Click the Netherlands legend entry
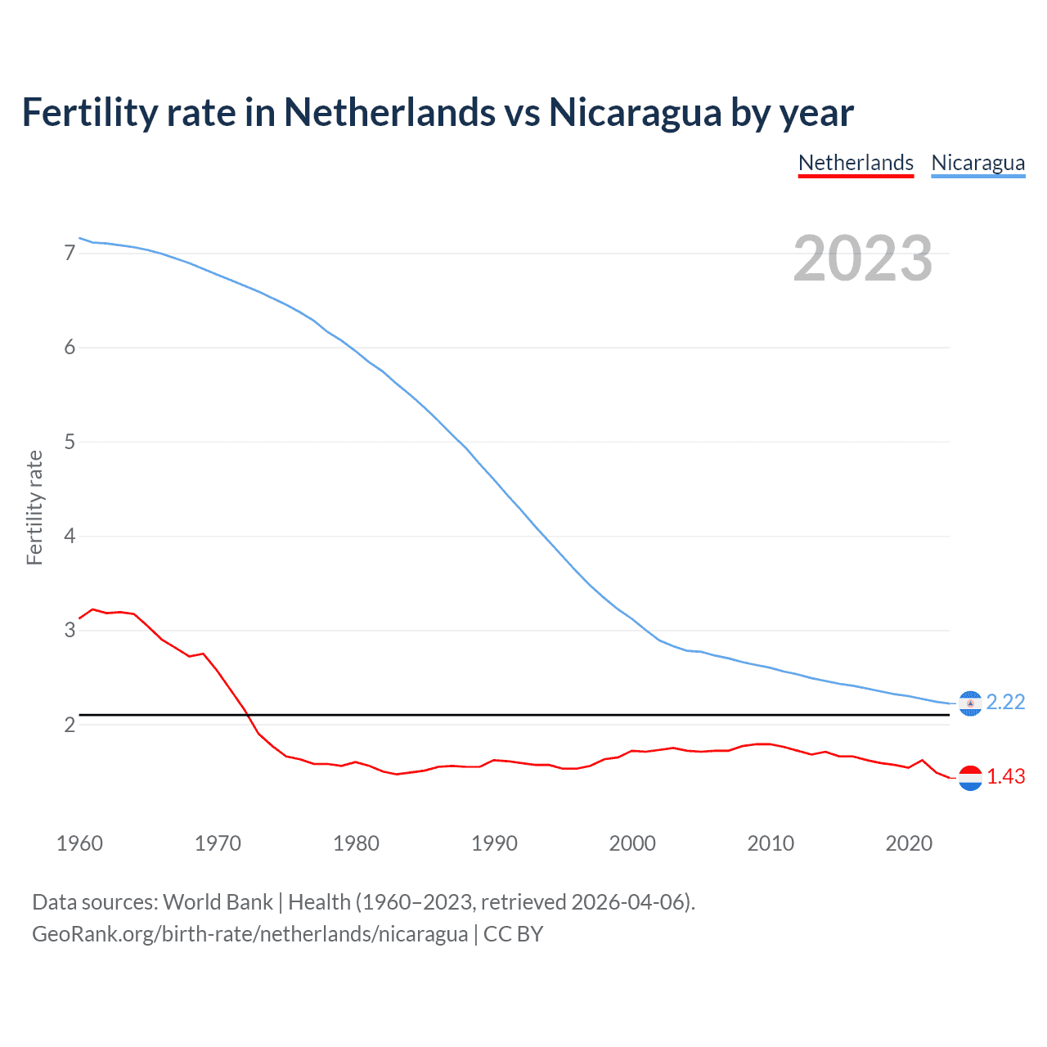[x=856, y=163]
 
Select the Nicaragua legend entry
[x=977, y=163]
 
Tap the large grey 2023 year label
[x=862, y=258]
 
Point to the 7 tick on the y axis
[x=70, y=254]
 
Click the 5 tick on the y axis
[x=70, y=443]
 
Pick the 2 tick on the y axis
[x=70, y=725]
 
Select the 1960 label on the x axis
[x=79, y=843]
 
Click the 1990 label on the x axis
[x=494, y=843]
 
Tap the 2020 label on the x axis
[x=909, y=843]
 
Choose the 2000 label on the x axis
[x=632, y=843]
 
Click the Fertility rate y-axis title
[x=34, y=507]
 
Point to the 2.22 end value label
[x=1005, y=703]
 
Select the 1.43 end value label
[x=1005, y=777]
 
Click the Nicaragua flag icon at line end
[x=970, y=703]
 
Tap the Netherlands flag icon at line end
[x=970, y=778]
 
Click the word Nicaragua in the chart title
[x=635, y=112]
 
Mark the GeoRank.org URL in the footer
[x=249, y=934]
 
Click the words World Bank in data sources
[x=218, y=902]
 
